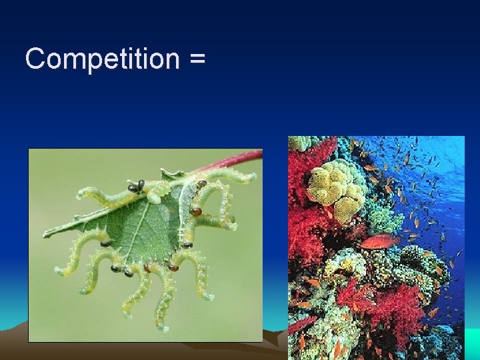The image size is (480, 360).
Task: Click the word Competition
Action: pyautogui.click(x=101, y=59)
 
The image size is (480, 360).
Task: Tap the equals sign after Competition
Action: pyautogui.click(x=197, y=60)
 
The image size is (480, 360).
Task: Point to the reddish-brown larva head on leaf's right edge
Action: pyautogui.click(x=195, y=211)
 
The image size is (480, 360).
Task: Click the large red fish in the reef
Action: pyautogui.click(x=380, y=241)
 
